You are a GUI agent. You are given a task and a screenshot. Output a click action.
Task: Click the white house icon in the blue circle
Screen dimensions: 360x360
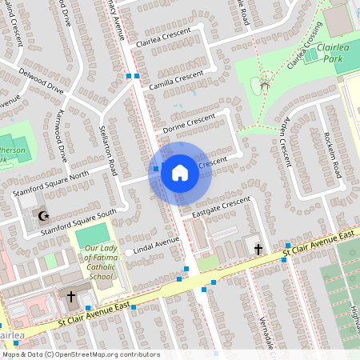180,172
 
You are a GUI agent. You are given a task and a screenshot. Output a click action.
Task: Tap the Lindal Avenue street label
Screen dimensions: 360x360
155,242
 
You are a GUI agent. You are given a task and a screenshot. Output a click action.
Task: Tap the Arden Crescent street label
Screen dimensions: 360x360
285,139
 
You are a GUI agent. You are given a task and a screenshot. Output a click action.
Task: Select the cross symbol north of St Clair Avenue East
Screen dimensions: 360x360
258,250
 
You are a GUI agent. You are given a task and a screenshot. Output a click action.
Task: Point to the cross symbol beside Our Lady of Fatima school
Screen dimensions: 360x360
70,297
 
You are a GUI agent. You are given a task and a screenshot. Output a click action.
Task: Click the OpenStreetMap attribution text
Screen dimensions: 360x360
80,354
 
